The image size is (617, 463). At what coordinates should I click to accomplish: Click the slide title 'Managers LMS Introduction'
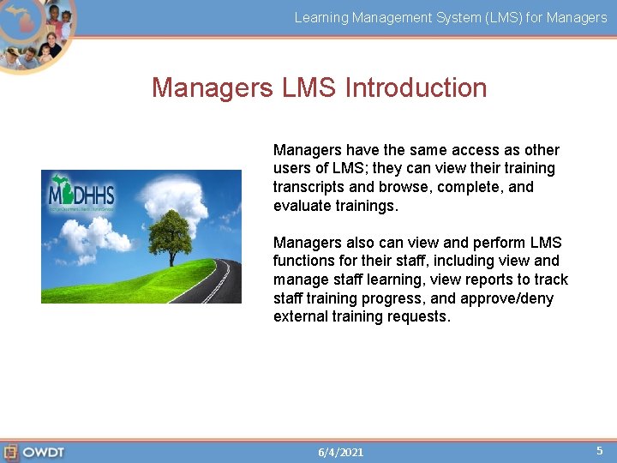click(x=319, y=87)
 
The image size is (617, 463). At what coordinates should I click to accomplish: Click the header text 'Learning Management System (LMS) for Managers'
click(x=451, y=17)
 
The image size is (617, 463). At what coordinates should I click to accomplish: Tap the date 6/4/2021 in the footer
click(x=340, y=452)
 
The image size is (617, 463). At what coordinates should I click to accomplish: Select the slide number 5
click(x=599, y=450)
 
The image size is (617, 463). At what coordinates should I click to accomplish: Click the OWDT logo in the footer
click(x=34, y=452)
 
